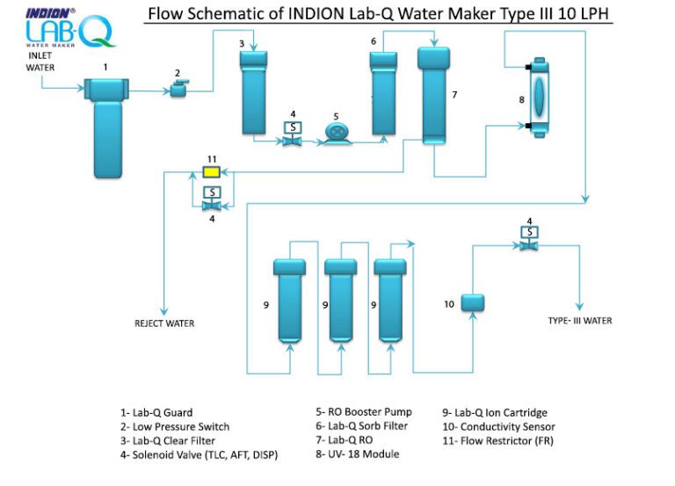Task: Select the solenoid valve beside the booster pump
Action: point(290,134)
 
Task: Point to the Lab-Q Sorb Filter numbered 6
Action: point(384,92)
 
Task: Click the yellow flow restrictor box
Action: point(212,170)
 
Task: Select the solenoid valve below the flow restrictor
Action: point(212,199)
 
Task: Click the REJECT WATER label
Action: point(164,323)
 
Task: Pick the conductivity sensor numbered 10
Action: point(473,302)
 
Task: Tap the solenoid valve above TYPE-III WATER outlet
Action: point(529,239)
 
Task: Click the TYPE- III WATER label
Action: point(579,321)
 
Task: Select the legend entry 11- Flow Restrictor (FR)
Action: point(497,439)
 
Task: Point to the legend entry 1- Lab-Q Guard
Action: point(156,412)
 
